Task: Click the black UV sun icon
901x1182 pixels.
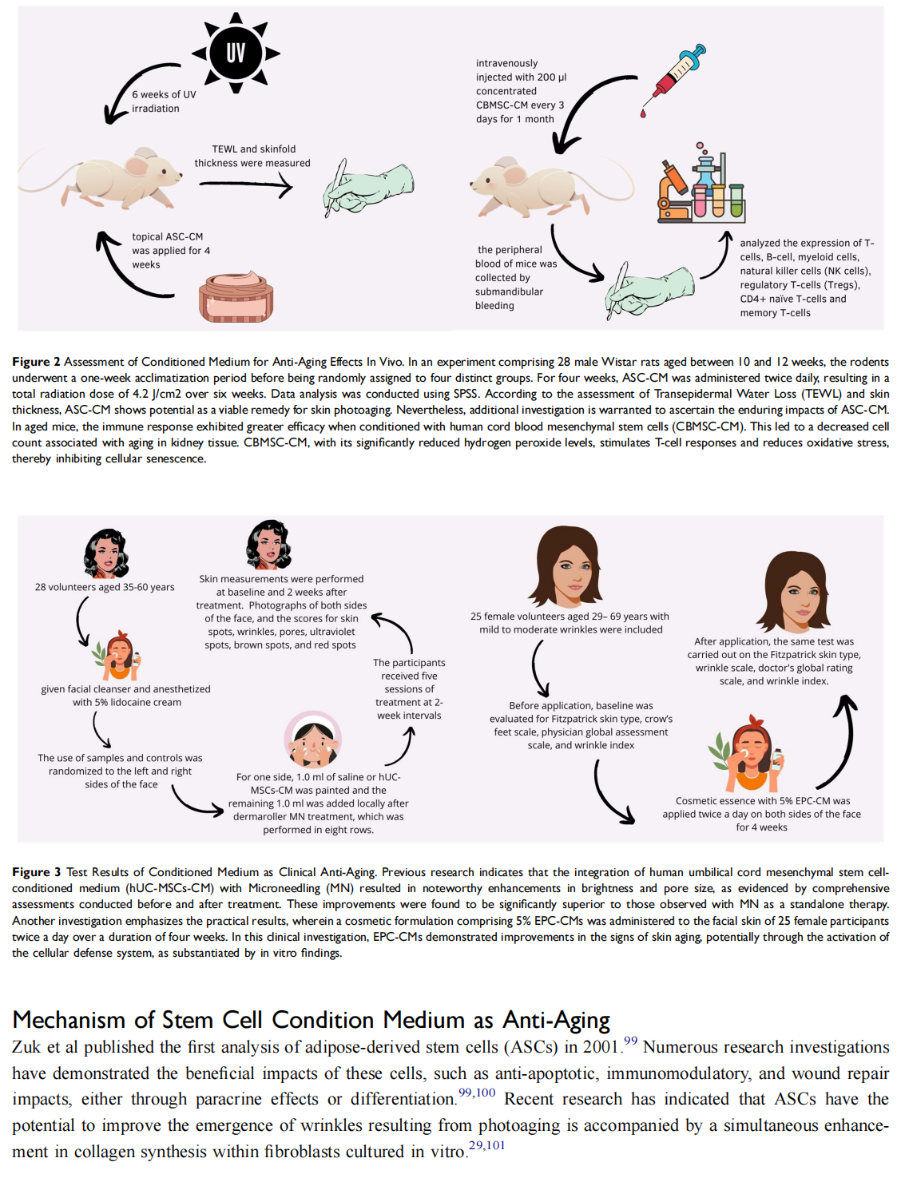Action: [x=236, y=54]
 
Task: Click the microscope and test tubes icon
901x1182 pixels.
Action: [x=702, y=183]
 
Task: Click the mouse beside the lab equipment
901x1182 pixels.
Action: [x=552, y=186]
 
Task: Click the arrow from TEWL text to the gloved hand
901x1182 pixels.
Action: [x=246, y=186]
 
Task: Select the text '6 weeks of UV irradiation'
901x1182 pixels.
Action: [x=165, y=101]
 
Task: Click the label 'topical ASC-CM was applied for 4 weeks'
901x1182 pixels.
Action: [x=171, y=251]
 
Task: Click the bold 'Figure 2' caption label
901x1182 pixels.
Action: [x=36, y=362]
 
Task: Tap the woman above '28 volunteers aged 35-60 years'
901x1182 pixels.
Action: [x=106, y=553]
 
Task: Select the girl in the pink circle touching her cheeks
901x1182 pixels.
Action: [x=313, y=740]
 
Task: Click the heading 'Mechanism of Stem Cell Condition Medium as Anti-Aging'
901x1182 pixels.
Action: [x=312, y=1020]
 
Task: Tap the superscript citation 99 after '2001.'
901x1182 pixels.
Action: [x=631, y=1041]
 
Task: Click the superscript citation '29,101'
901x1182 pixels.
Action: [x=487, y=1145]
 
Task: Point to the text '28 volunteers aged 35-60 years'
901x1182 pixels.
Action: [x=105, y=587]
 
